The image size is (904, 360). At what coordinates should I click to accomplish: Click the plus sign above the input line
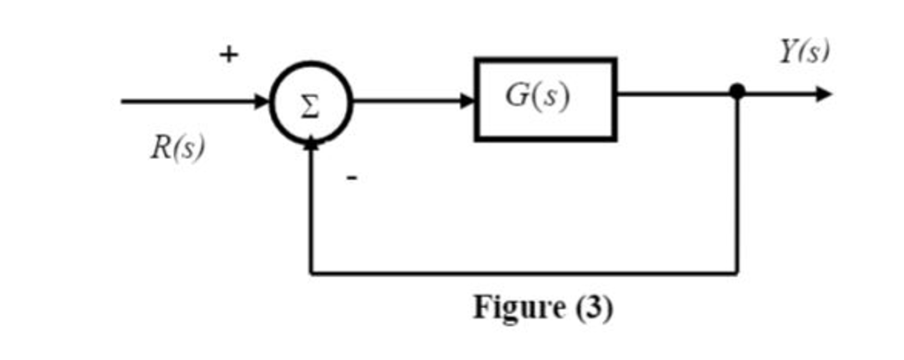tap(229, 55)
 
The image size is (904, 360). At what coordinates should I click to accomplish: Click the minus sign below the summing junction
tap(351, 179)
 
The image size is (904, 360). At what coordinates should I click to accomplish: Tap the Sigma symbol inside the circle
tap(311, 103)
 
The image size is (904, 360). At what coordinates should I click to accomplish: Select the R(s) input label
tap(177, 147)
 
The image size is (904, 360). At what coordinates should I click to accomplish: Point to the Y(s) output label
tap(803, 52)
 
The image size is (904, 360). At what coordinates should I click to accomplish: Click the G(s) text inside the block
tap(538, 96)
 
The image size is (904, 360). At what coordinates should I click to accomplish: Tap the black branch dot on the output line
tap(738, 92)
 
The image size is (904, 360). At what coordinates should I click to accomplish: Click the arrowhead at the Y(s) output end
tap(823, 93)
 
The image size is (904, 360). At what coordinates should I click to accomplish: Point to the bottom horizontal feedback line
tap(521, 273)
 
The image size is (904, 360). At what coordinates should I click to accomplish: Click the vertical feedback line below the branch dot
tap(737, 185)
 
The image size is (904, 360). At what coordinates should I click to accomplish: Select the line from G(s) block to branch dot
tap(675, 93)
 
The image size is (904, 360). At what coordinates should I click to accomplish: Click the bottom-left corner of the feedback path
tap(311, 273)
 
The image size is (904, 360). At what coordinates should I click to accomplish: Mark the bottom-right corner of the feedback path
tap(737, 273)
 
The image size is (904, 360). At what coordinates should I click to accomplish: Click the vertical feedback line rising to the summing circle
tap(311, 212)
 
